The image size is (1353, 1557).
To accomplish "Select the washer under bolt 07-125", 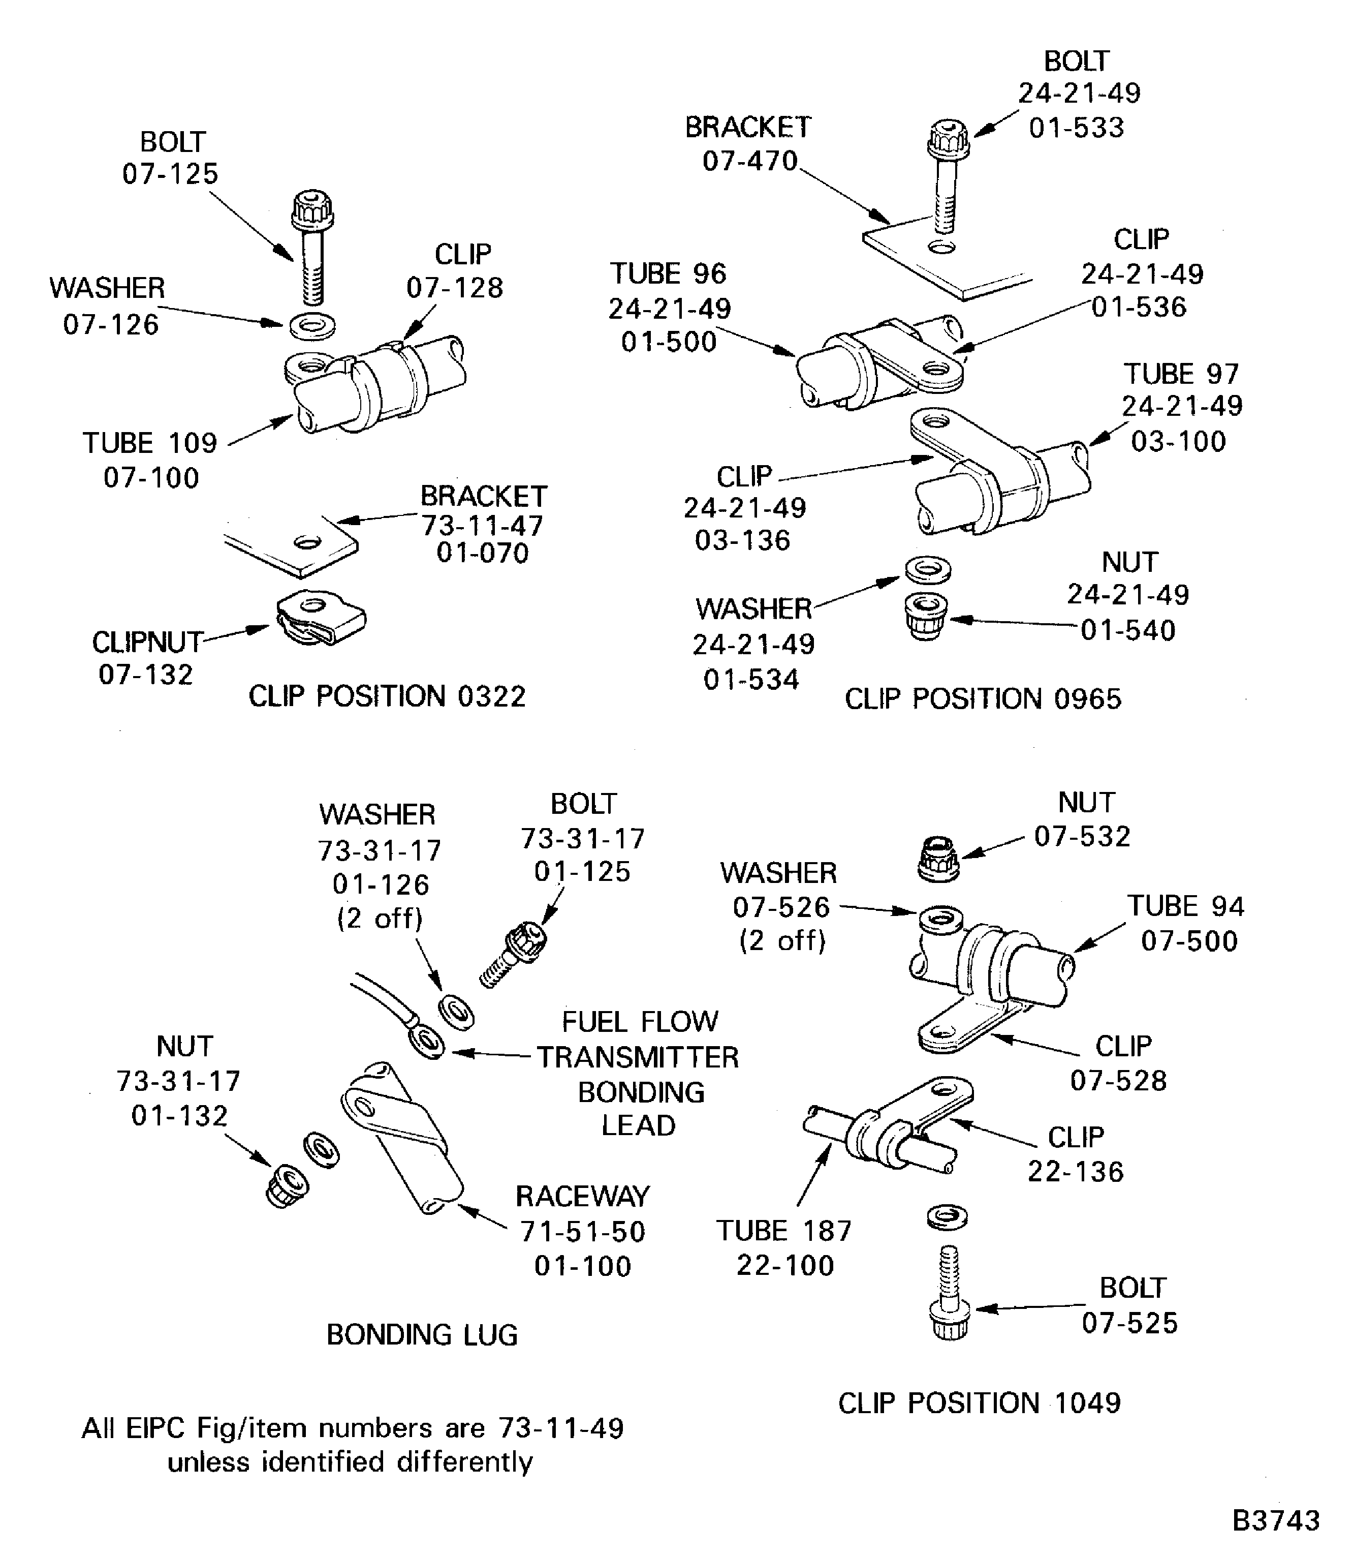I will pos(312,326).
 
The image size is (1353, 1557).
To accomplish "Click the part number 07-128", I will pos(455,288).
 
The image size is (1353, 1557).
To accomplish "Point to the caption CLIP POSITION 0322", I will pos(387,696).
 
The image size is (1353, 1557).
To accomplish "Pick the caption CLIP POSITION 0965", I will pos(982,699).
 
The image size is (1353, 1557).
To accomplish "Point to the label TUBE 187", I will pos(784,1231).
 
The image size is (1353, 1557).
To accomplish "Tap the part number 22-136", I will pos(1075,1172).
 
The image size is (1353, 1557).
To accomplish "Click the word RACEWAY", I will pos(582,1197).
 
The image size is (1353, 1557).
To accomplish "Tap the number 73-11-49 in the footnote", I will pos(560,1428).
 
